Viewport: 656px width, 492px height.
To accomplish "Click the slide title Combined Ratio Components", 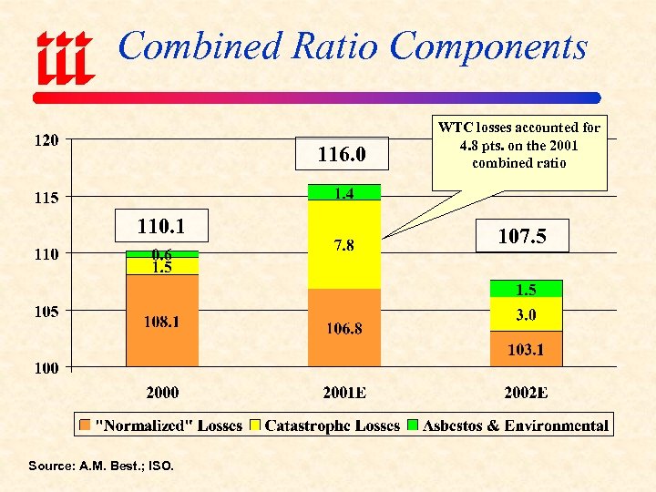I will point(353,46).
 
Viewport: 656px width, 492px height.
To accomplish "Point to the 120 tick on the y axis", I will point(46,140).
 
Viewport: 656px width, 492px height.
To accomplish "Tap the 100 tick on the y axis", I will point(46,367).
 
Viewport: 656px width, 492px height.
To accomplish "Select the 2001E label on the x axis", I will point(344,393).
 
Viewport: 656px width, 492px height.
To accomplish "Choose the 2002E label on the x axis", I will point(526,393).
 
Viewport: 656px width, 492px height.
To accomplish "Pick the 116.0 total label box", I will point(341,155).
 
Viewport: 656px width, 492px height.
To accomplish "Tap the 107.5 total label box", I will point(522,236).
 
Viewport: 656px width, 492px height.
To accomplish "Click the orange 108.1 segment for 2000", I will point(161,322).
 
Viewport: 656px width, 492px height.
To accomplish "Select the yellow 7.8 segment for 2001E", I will point(344,244).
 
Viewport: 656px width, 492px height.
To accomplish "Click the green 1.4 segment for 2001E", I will point(344,192).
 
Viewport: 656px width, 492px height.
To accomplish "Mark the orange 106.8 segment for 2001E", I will point(344,328).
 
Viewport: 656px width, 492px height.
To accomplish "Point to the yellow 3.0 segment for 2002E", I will point(526,314).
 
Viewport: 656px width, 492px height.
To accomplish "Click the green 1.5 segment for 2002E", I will point(526,289).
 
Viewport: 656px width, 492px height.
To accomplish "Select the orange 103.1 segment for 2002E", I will point(526,349).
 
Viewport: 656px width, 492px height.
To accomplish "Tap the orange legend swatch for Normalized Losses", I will point(86,425).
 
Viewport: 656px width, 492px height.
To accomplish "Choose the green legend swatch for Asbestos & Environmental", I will point(413,425).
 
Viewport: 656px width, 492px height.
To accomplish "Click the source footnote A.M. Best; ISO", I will point(100,466).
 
